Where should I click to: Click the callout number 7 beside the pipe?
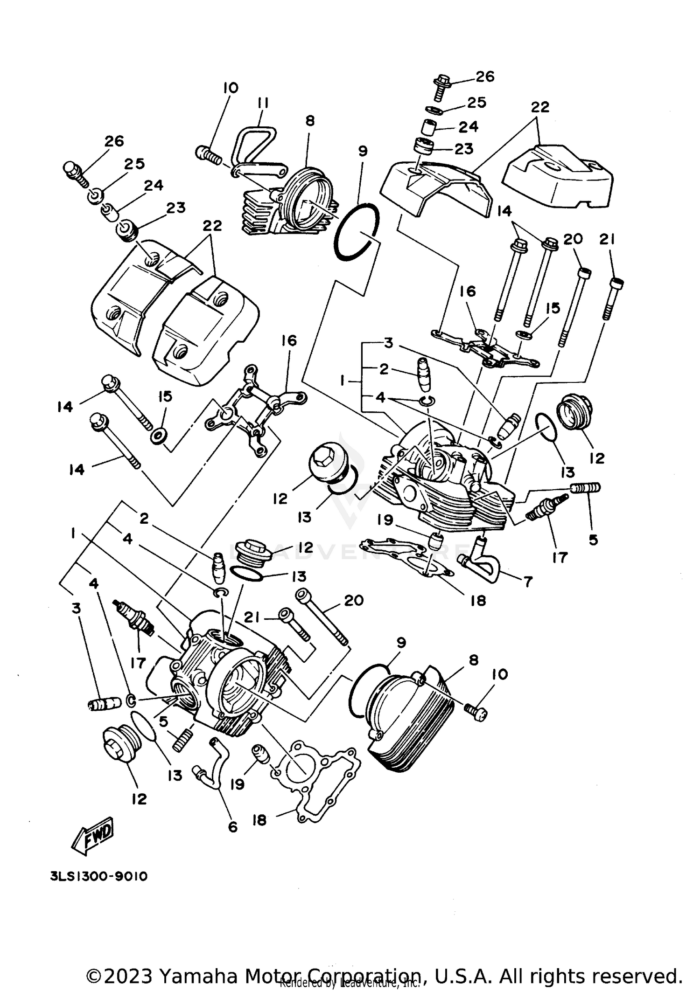[528, 582]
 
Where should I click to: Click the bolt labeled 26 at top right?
[440, 88]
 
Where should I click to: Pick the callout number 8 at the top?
[310, 121]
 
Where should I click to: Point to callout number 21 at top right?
[607, 240]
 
